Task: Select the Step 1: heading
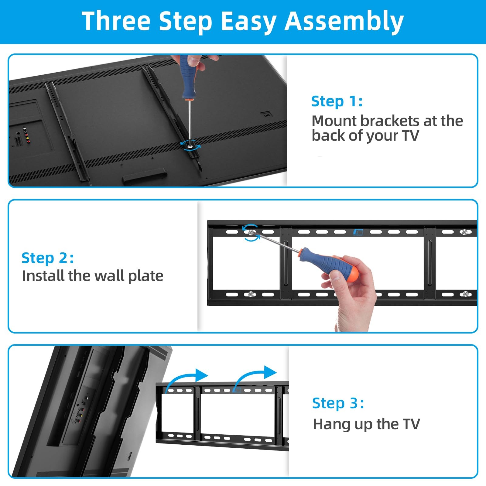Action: (337, 101)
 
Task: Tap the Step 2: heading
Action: (48, 258)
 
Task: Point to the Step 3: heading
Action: (338, 403)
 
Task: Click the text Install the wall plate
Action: (93, 276)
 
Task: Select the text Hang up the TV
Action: (366, 424)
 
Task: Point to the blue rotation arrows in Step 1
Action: (190, 145)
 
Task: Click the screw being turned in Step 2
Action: (251, 232)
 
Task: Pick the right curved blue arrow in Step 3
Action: (255, 375)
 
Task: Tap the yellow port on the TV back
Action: (28, 141)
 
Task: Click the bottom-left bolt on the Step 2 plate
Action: (251, 294)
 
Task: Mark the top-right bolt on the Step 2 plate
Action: (464, 232)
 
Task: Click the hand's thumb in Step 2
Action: (336, 275)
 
